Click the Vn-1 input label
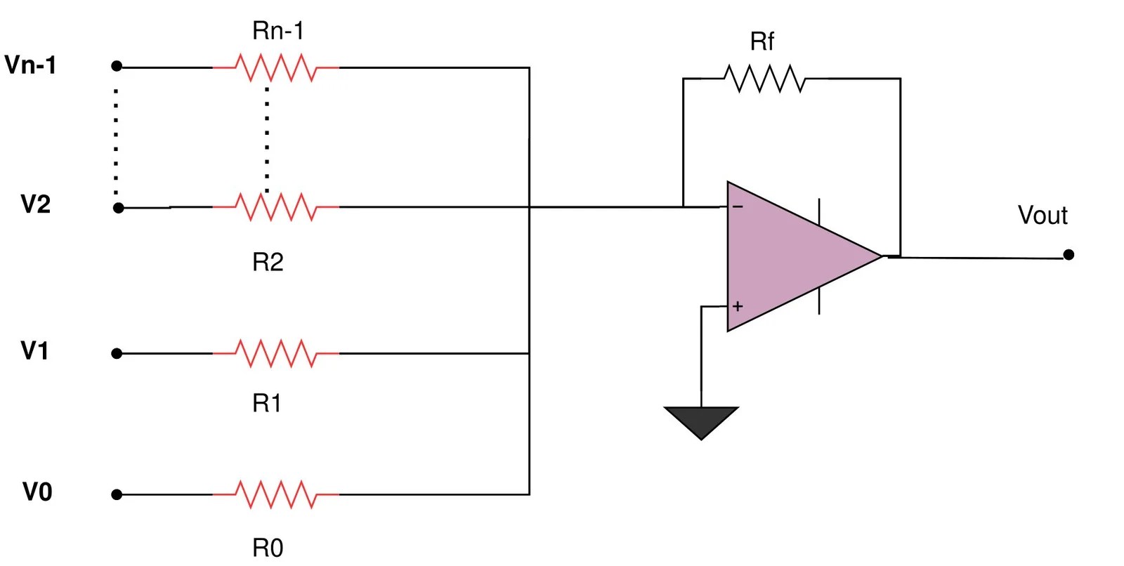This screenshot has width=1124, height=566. pos(30,65)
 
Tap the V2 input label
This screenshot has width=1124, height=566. pos(35,204)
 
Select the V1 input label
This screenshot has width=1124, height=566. pos(34,350)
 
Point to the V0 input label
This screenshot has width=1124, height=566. pos(37,492)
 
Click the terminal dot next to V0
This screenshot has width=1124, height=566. pos(117,494)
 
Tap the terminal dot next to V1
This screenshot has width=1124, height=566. pos(117,353)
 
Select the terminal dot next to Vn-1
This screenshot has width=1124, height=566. pos(117,66)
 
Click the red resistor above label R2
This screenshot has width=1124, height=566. pos(276,207)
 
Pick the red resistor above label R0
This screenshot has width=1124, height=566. pos(276,494)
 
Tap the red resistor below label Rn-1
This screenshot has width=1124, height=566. pos(276,68)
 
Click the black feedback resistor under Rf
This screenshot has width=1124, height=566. pos(764,79)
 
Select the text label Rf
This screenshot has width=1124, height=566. pos(762,41)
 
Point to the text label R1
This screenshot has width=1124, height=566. pos(267,403)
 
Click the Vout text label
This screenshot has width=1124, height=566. pos(1043,215)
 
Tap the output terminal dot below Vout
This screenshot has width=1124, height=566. pos(1069,255)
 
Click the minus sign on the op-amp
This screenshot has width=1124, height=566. pos(738,206)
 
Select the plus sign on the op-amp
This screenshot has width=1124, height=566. pos(738,306)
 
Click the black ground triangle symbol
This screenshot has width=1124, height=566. pos(701,419)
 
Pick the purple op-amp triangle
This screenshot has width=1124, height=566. pos(787,257)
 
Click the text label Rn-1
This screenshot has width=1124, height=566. pos(278,31)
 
